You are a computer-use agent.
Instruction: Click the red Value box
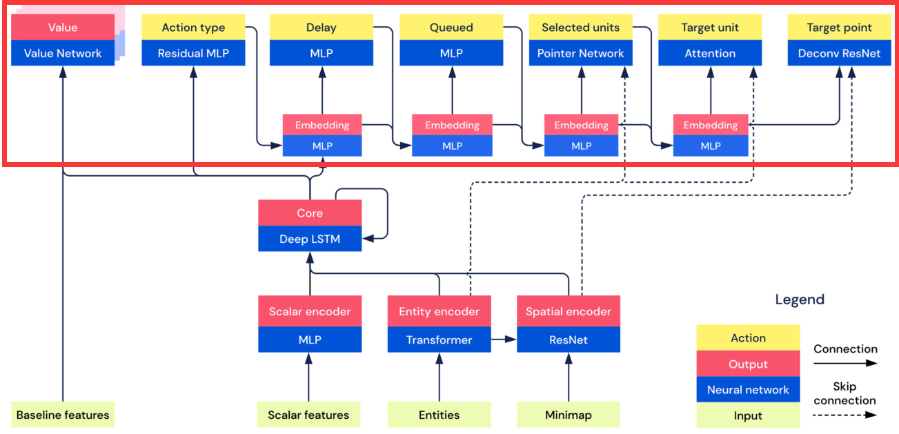tap(63, 28)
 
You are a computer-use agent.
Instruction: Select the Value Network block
tap(63, 53)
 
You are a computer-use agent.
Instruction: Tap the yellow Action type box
tap(193, 28)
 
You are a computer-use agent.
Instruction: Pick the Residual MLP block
tap(193, 53)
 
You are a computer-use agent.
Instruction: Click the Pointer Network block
tap(581, 53)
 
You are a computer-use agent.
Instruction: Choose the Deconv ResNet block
tap(839, 53)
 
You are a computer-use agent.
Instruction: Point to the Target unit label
tap(710, 28)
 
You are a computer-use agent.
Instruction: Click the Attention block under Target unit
tap(710, 53)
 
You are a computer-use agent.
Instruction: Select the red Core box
tap(310, 213)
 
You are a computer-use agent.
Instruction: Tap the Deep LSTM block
tap(310, 239)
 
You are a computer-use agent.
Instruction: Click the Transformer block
tap(439, 339)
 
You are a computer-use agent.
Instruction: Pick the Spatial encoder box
tap(569, 312)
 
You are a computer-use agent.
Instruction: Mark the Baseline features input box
tap(63, 415)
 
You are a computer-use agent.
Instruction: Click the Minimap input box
tap(569, 415)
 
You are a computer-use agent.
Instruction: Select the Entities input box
tap(439, 415)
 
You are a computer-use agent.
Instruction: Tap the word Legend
tap(800, 299)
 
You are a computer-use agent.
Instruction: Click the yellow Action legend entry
tap(748, 338)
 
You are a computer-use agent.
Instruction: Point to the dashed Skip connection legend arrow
tap(845, 415)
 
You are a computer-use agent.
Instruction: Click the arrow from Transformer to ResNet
tap(504, 339)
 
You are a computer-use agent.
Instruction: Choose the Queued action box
tap(451, 28)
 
